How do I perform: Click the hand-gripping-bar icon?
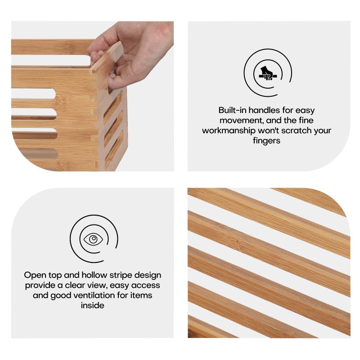pos(268,72)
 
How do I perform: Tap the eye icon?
pos(93,239)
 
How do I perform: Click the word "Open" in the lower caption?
pos(34,275)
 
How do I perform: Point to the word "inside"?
pos(92,306)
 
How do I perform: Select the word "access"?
pos(147,285)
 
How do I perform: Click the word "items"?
pos(140,296)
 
